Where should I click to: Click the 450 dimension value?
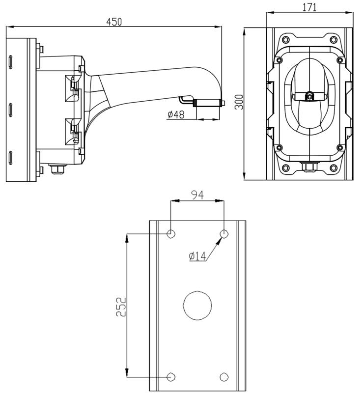114,22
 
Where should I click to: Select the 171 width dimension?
309,7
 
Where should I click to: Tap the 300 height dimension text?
239,102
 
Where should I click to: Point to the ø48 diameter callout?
176,114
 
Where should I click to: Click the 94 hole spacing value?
197,195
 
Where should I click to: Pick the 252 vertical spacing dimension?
121,307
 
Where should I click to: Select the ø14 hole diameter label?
197,256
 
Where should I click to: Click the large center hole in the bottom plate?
197,306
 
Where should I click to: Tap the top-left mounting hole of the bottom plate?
171,234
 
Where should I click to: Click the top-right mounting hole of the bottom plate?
224,234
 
